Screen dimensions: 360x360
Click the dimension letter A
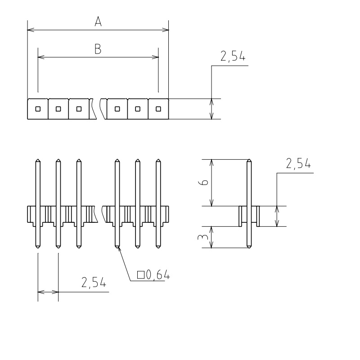[x=98, y=21]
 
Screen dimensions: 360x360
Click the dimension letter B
[x=98, y=49]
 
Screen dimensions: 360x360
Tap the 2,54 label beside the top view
[x=233, y=56]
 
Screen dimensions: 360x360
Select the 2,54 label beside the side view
[x=298, y=163]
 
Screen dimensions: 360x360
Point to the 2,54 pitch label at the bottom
[x=94, y=283]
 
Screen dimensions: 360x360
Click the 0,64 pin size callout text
[x=158, y=274]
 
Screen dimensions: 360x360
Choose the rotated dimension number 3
[x=203, y=237]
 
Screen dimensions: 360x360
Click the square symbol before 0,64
[x=140, y=274]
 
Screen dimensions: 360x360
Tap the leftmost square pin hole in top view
[x=38, y=109]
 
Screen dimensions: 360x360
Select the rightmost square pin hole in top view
[x=158, y=109]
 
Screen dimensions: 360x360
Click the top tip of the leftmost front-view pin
[x=38, y=159]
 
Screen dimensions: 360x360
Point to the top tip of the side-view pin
[x=249, y=159]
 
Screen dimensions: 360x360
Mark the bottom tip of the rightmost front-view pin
[x=158, y=248]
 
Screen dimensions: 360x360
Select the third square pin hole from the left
[x=79, y=109]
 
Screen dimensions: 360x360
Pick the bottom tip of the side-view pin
[x=249, y=248]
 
